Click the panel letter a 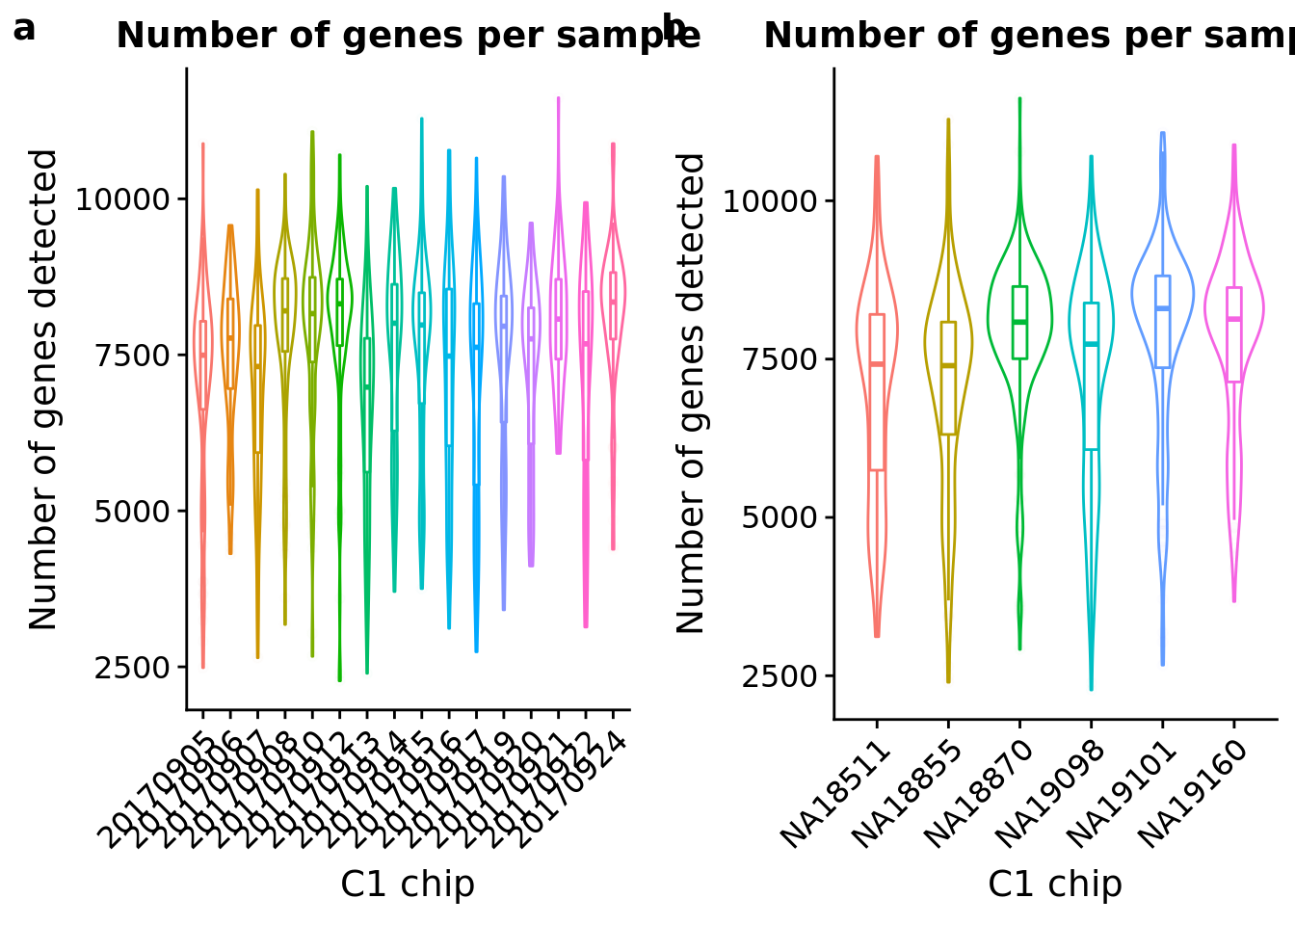(x=24, y=30)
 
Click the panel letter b (x=675, y=29)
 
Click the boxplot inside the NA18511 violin (x=877, y=392)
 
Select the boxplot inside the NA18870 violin (x=1019, y=323)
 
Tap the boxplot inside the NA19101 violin (x=1162, y=322)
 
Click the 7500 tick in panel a (x=132, y=355)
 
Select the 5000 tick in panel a (x=132, y=511)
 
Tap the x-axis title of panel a (x=408, y=884)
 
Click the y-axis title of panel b (x=691, y=392)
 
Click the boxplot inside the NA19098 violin (x=1091, y=376)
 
